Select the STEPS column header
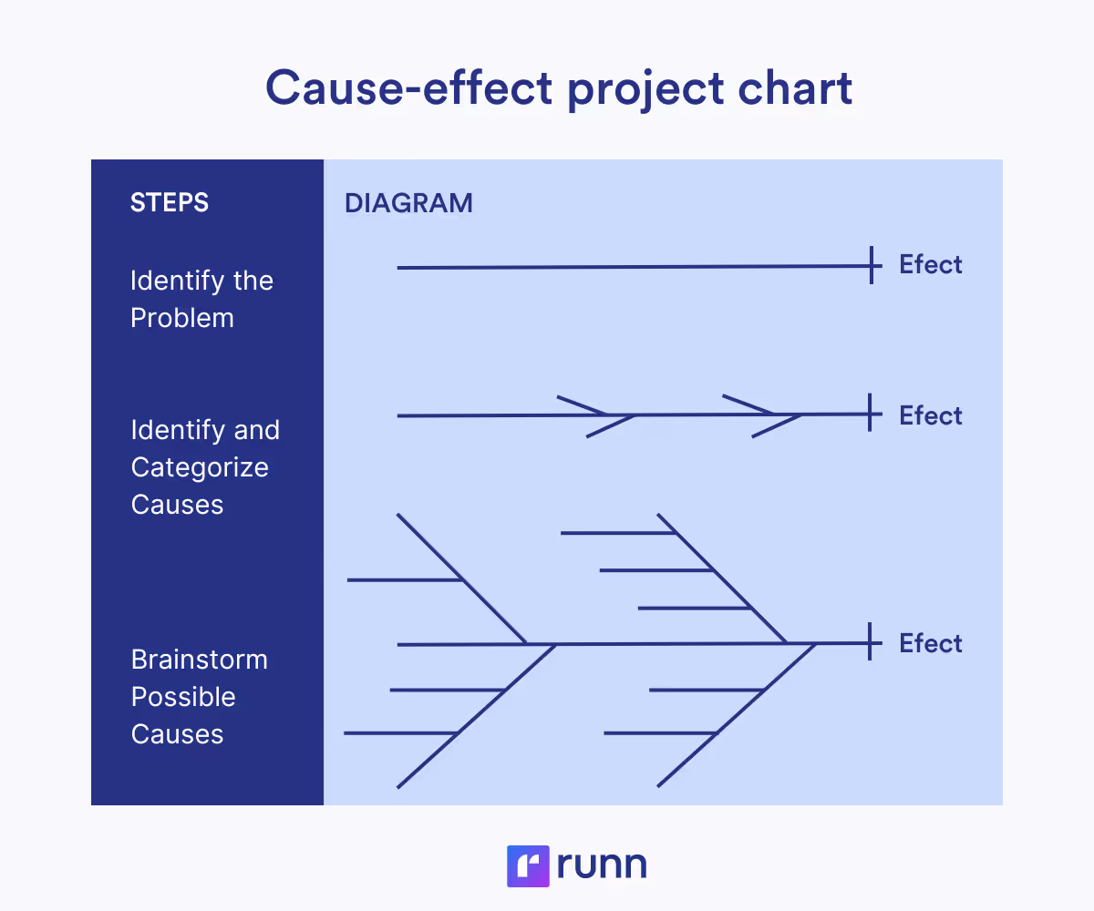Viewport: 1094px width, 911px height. [170, 202]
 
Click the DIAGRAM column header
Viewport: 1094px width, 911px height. [408, 203]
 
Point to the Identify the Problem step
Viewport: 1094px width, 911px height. [201, 299]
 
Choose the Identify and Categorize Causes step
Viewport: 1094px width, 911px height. [205, 466]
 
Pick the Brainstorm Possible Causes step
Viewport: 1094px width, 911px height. [200, 697]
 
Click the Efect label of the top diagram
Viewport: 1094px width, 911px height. [930, 265]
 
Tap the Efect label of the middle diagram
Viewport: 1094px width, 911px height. [930, 415]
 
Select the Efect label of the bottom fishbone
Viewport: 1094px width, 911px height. [930, 643]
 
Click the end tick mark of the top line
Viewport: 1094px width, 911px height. [872, 265]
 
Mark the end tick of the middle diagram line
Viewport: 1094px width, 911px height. [872, 414]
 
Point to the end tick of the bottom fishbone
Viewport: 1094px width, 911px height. [872, 642]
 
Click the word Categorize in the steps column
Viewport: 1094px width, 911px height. [200, 467]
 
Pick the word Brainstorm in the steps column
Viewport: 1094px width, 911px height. [200, 660]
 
